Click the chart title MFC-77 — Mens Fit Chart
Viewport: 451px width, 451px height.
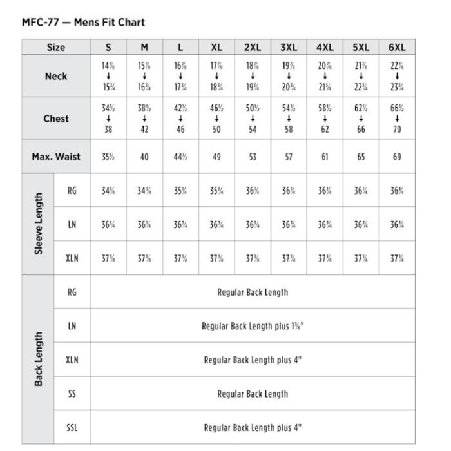83,23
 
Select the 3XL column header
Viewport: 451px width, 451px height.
289,48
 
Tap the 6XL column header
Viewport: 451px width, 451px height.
397,48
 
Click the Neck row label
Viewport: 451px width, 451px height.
56,76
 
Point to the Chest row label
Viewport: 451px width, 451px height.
56,119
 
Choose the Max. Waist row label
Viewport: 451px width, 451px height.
56,157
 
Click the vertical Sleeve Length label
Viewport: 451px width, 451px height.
38,224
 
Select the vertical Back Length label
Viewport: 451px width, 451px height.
38,360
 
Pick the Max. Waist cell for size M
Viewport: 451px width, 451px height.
144,157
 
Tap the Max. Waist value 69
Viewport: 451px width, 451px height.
397,157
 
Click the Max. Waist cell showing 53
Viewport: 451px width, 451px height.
253,157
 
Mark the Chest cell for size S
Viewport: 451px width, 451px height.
108,119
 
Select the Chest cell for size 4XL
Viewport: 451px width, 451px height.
325,119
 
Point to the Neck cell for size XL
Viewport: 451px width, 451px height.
216,76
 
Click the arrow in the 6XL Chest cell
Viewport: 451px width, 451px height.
397,119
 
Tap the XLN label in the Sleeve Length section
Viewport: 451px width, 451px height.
72,258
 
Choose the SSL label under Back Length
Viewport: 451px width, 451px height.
72,428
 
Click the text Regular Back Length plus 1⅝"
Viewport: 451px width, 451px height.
253,326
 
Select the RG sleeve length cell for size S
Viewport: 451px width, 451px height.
108,191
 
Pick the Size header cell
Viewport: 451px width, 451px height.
56,48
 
